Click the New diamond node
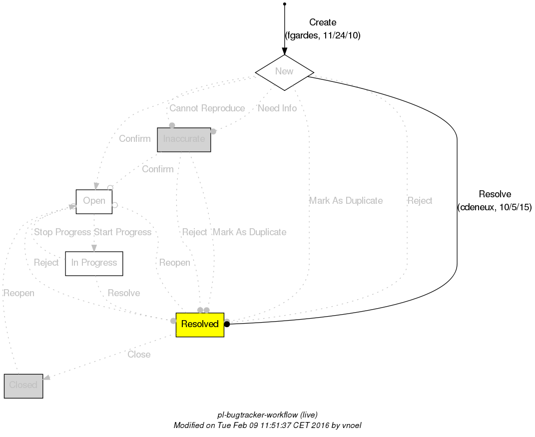284,72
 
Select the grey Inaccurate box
184,139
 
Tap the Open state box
94,201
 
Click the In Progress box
94,263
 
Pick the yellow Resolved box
200,325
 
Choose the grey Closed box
23,386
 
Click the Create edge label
323,22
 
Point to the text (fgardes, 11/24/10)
323,36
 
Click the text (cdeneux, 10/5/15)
494,207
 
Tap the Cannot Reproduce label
207,108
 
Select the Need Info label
277,108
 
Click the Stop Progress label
62,232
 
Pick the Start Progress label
123,232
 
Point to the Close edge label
139,355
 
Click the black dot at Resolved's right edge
227,324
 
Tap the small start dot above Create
284,4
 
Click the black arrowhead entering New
284,51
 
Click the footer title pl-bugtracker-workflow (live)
267,415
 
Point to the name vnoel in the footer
352,426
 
